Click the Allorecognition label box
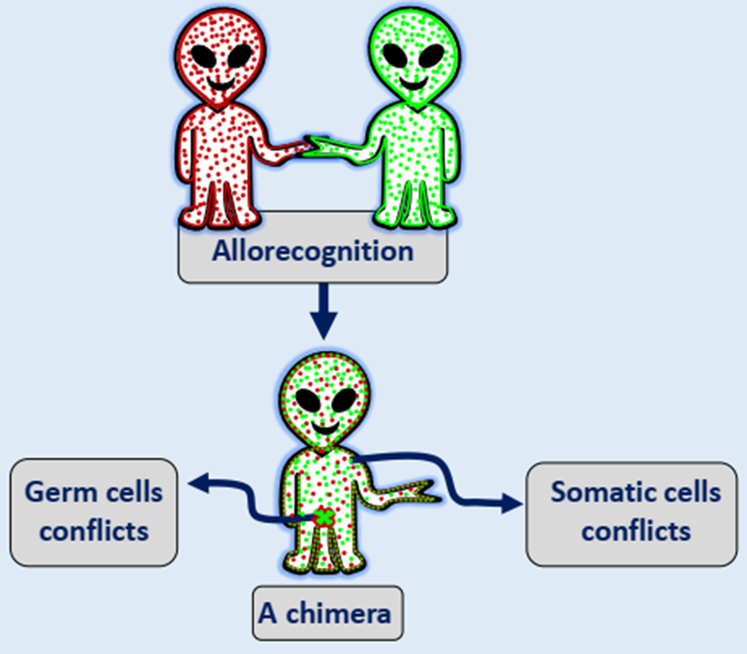tap(313, 251)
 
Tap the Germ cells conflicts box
tap(93, 511)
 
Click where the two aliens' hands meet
tap(309, 145)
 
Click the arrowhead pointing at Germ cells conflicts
tap(197, 482)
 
